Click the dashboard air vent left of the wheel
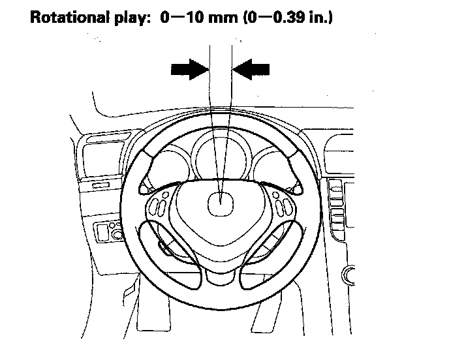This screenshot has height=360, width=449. (94, 157)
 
